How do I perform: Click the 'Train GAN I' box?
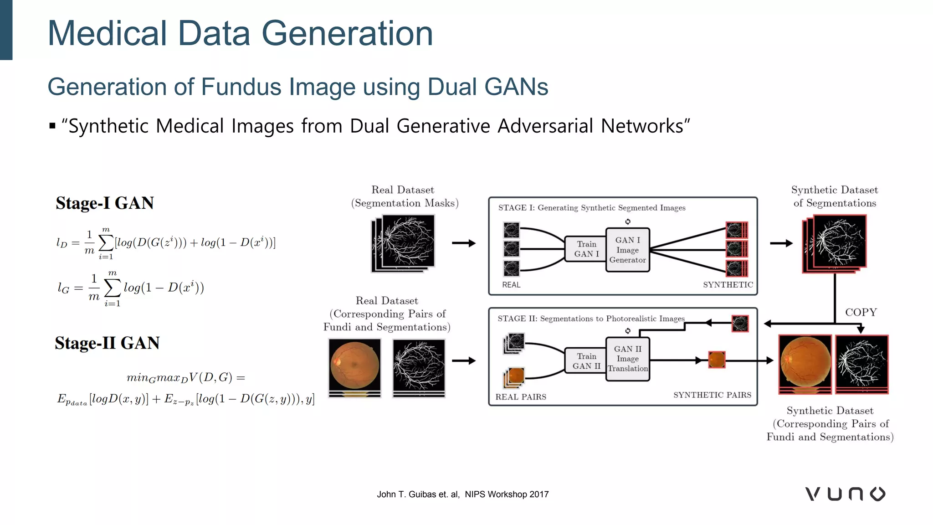[586, 249]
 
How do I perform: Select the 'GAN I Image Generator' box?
[627, 250]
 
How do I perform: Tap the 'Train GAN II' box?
[586, 361]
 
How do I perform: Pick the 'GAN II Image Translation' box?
[627, 359]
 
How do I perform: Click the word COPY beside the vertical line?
[861, 312]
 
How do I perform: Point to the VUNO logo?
[845, 494]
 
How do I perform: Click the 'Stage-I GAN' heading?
[105, 203]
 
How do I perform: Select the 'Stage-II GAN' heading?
[107, 343]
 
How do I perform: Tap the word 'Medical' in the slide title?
[107, 34]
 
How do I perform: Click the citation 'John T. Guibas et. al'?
[418, 494]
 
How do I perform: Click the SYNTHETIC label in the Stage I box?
[728, 285]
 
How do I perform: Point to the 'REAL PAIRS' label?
[521, 397]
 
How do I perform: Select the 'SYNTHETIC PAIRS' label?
[712, 395]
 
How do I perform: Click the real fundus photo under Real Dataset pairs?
[354, 365]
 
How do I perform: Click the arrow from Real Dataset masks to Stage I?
[464, 243]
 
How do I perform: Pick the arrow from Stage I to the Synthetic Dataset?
[781, 243]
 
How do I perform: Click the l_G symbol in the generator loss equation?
[63, 288]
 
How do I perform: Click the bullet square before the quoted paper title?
[52, 126]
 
